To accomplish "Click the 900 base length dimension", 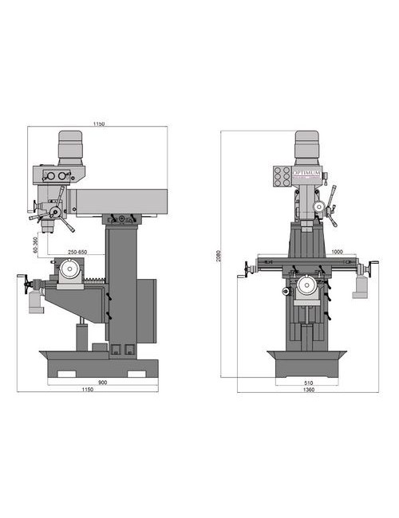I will (x=102, y=382).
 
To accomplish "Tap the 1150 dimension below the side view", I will (x=98, y=390).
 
